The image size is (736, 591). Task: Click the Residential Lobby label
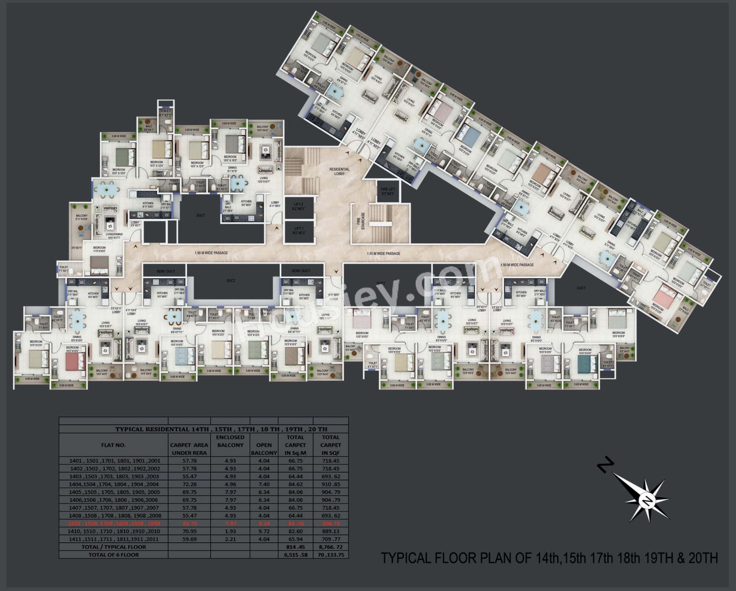coord(339,171)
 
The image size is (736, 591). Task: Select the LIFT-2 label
coord(299,206)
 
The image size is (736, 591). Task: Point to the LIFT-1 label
coord(299,231)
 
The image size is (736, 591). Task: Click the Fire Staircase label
coord(363,221)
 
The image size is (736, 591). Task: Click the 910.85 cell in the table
coord(330,484)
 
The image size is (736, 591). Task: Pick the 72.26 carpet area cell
coord(190,484)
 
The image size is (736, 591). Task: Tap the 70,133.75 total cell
coord(330,555)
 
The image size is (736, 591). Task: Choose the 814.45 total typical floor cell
coord(295,547)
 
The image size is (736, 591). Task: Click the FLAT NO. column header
coord(113,445)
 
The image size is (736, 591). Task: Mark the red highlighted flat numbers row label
coord(114,524)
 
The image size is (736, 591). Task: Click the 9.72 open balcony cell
coord(264,531)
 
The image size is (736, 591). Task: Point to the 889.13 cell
coord(330,531)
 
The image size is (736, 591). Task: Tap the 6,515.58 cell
coord(295,555)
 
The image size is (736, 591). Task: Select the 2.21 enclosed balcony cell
coord(230,539)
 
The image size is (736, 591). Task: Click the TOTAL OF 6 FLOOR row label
coord(114,555)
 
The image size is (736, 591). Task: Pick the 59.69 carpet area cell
coord(190,539)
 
